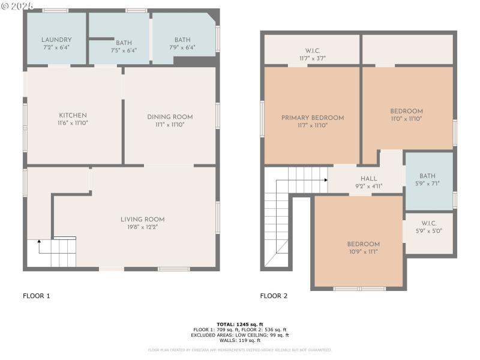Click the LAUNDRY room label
tap(57, 40)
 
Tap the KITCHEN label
tap(73, 115)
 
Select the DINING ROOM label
tap(170, 116)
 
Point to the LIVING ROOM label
tap(142, 219)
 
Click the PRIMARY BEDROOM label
tap(313, 118)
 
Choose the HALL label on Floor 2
tap(368, 178)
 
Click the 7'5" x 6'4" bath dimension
tap(124, 50)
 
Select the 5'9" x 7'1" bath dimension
tap(427, 184)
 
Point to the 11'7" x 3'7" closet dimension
tap(313, 58)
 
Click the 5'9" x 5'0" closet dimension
tap(428, 230)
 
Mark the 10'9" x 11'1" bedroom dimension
tap(363, 251)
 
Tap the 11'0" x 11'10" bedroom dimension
tap(406, 119)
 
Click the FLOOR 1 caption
tap(37, 296)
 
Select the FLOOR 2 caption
tap(274, 296)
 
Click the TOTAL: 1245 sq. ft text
tap(240, 324)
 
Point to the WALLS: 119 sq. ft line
tap(240, 340)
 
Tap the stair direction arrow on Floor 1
tap(40, 242)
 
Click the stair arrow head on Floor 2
tap(325, 179)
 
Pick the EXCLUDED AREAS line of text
tap(240, 335)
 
